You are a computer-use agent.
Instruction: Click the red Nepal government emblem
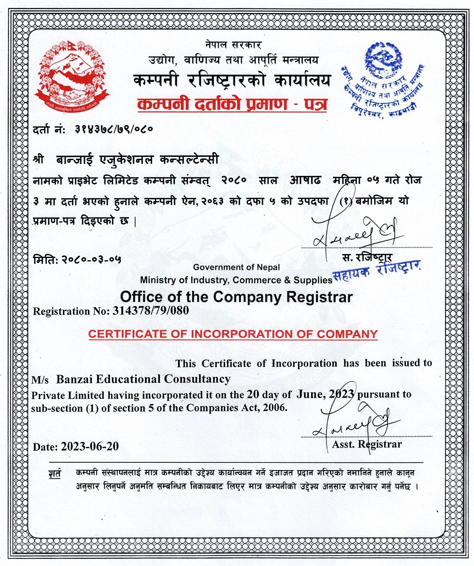click(72, 77)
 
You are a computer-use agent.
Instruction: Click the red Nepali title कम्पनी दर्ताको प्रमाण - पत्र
click(232, 104)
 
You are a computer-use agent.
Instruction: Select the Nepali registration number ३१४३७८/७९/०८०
click(114, 129)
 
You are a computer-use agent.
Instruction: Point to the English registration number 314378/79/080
click(150, 310)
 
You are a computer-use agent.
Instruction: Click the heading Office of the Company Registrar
click(236, 297)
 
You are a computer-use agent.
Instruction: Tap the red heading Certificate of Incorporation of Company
click(233, 334)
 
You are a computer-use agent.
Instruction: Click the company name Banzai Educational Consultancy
click(143, 379)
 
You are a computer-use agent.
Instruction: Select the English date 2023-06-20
click(90, 446)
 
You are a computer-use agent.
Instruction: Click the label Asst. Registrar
click(366, 444)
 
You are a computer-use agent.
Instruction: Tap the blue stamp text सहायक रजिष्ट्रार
click(376, 271)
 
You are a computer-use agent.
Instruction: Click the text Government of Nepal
click(236, 267)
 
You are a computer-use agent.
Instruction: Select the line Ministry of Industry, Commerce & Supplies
click(236, 280)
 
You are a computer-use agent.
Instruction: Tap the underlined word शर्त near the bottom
click(55, 473)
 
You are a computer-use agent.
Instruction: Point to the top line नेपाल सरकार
click(233, 45)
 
